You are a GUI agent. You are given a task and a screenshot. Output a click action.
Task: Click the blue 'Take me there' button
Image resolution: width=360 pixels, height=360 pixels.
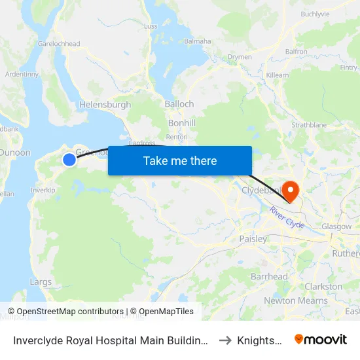click(x=180, y=160)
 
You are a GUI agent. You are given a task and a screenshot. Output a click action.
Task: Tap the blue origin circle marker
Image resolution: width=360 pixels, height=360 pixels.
click(x=69, y=159)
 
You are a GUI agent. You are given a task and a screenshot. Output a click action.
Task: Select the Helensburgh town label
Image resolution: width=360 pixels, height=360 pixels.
click(x=105, y=105)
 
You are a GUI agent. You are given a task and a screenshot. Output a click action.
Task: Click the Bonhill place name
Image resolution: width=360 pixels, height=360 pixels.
click(x=182, y=122)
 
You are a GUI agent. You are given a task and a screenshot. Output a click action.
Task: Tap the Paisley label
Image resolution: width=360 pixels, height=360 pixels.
click(x=253, y=239)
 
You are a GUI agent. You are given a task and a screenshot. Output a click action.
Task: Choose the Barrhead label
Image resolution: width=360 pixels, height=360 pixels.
click(x=269, y=276)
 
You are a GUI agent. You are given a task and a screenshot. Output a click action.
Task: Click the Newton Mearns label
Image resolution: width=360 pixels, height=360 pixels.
click(x=296, y=300)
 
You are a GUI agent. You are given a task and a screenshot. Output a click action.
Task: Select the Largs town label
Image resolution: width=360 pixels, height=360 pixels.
click(x=41, y=282)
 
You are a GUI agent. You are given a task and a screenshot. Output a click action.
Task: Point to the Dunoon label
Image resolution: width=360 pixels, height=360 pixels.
click(x=14, y=153)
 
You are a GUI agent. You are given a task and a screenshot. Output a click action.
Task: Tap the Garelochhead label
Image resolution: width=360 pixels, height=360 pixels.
click(x=59, y=44)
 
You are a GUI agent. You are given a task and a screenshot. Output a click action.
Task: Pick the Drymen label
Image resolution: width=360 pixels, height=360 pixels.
click(x=240, y=57)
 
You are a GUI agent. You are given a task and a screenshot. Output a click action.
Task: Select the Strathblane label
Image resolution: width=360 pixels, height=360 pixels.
click(x=309, y=124)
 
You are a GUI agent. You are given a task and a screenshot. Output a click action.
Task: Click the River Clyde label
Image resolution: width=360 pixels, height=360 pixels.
click(x=287, y=217)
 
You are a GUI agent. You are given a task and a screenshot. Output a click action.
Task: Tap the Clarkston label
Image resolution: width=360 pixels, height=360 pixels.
click(x=323, y=287)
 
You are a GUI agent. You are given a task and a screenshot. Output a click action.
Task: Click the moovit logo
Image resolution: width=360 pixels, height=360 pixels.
click(x=321, y=339)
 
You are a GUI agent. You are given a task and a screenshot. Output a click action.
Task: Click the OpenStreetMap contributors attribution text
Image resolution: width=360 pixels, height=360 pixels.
click(x=66, y=312)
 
